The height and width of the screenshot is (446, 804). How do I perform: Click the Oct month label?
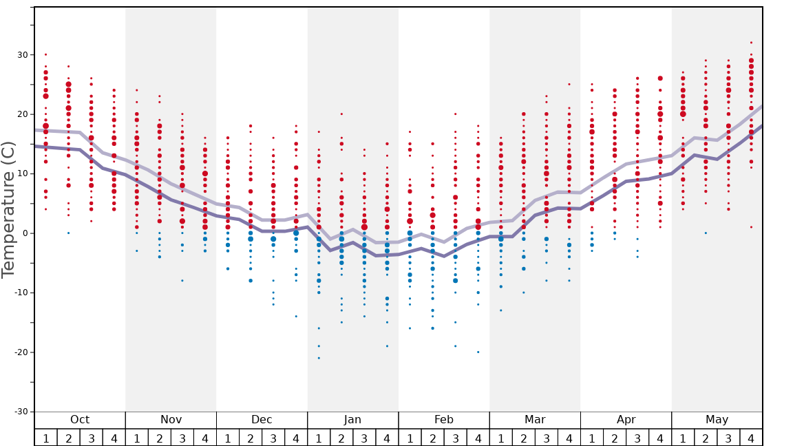[x=80, y=420]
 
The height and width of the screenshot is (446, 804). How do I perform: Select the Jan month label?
[x=352, y=420]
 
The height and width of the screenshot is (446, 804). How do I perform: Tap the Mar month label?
[x=535, y=420]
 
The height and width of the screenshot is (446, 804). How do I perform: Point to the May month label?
[x=717, y=420]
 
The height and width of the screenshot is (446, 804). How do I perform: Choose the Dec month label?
[x=262, y=420]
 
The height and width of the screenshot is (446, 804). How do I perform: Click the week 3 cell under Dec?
[x=273, y=438]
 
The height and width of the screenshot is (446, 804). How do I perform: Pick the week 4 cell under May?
[x=751, y=438]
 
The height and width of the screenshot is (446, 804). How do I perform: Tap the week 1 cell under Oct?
[x=45, y=438]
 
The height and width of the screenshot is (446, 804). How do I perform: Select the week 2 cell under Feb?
[x=432, y=438]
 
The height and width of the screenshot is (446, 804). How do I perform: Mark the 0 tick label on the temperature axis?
[x=25, y=233]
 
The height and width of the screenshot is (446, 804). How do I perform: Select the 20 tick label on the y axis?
[x=22, y=114]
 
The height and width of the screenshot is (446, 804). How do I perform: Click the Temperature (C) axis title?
[x=8, y=209]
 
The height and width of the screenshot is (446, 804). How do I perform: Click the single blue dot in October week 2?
[x=68, y=233]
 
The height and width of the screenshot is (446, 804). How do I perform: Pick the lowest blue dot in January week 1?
[x=319, y=358]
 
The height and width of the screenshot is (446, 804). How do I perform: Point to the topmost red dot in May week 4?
[x=751, y=43]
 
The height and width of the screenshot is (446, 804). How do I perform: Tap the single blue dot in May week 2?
[x=706, y=233]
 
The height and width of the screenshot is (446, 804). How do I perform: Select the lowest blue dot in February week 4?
[x=478, y=352]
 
